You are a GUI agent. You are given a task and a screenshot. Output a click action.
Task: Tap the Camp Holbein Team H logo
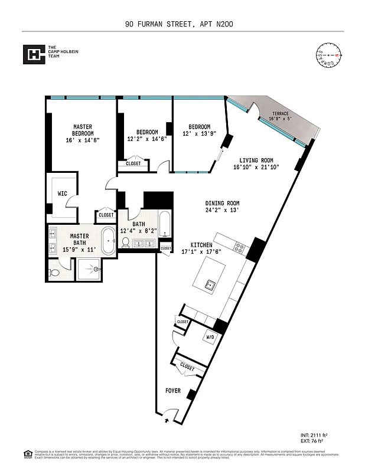tap(34, 55)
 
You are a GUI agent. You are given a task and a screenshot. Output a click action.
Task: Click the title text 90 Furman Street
tap(182, 24)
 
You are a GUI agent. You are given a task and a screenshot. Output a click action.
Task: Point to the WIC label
tap(62, 193)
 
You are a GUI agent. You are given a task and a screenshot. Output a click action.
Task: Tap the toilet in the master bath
tap(55, 273)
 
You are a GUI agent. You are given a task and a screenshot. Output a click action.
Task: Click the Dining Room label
tap(222, 203)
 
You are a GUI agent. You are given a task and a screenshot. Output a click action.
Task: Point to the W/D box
tap(210, 337)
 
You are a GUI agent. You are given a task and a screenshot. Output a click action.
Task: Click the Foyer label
tap(172, 391)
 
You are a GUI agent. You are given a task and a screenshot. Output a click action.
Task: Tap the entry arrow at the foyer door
tap(167, 421)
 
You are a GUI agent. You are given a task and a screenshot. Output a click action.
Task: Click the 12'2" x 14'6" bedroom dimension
tap(147, 139)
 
